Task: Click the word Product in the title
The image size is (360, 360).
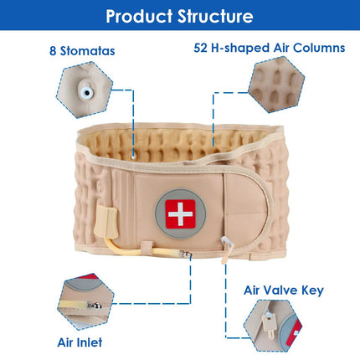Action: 139,16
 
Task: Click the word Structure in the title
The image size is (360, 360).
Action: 215,16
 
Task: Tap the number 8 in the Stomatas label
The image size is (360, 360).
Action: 53,51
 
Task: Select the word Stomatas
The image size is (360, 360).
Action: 88,51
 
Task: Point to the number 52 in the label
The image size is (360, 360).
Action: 200,48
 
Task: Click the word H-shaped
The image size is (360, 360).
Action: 240,48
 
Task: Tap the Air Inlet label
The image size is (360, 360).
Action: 80,342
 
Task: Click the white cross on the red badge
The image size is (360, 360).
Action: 180,214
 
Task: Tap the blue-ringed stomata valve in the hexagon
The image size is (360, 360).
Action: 86,92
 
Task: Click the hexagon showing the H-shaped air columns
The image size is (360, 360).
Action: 276,85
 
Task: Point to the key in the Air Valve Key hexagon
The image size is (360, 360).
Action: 269,324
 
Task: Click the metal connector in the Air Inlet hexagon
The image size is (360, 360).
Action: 95,306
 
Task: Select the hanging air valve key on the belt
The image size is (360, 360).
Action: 226,249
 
